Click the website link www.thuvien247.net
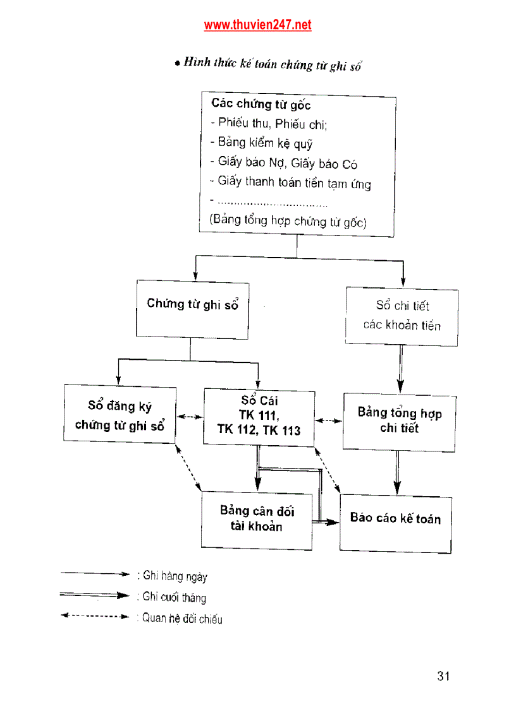pyautogui.click(x=257, y=25)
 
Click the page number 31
pyautogui.click(x=443, y=676)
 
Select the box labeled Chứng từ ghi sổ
pyautogui.click(x=192, y=308)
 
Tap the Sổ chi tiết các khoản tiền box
pyautogui.click(x=402, y=316)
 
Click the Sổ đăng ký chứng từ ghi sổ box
pyautogui.click(x=120, y=415)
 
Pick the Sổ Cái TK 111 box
pyautogui.click(x=259, y=417)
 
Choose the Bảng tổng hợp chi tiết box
pyautogui.click(x=399, y=422)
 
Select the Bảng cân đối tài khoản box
pyautogui.click(x=257, y=520)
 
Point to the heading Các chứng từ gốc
pyautogui.click(x=261, y=104)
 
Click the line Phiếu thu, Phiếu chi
pyautogui.click(x=268, y=124)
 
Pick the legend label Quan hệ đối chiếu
pyautogui.click(x=180, y=619)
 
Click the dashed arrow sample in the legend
pyautogui.click(x=95, y=616)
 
